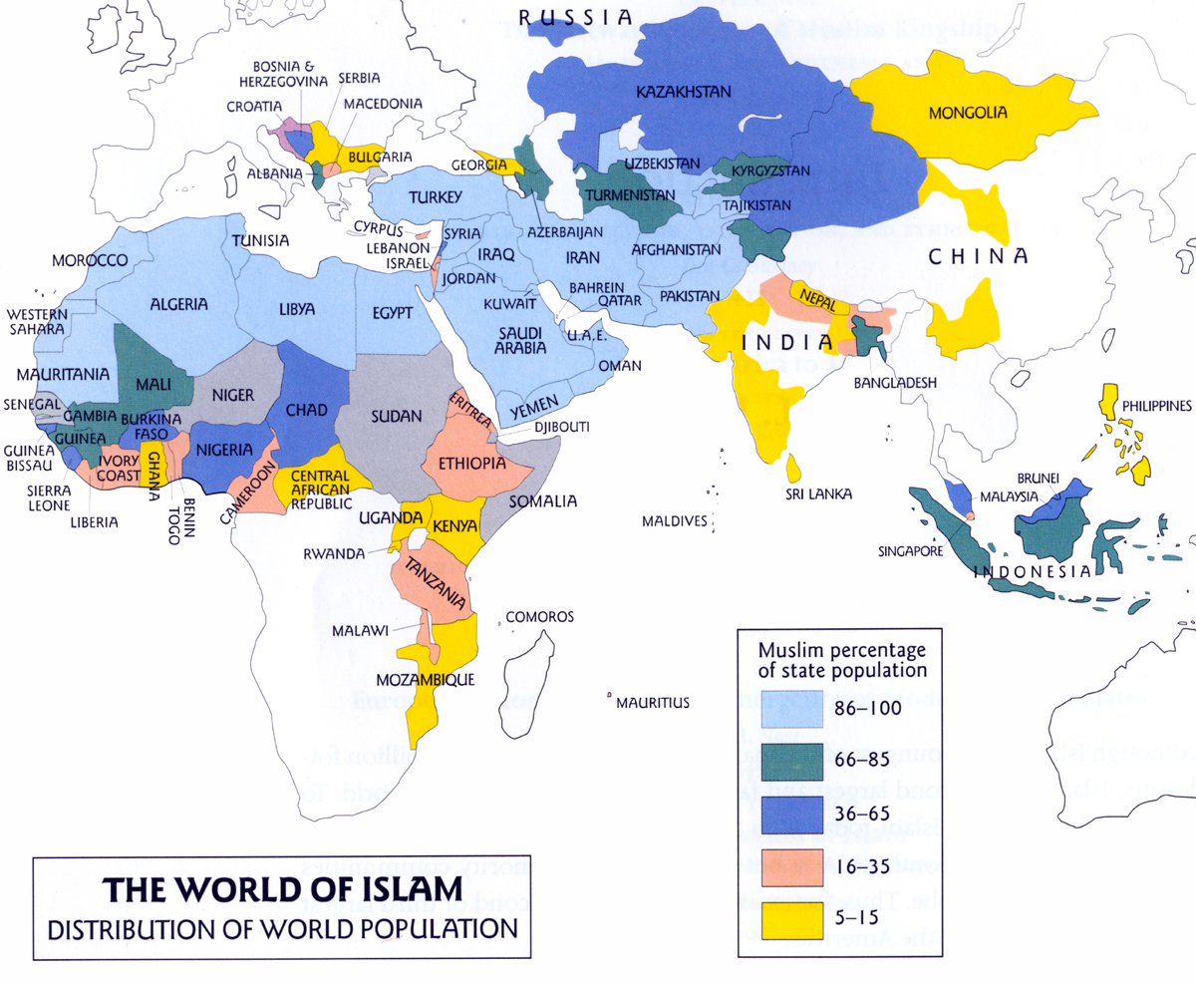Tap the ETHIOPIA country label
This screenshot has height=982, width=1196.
click(x=466, y=463)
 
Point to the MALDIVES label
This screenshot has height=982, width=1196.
click(x=675, y=521)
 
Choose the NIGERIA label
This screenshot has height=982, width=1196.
click(x=225, y=450)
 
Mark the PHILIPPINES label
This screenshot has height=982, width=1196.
click(x=1156, y=406)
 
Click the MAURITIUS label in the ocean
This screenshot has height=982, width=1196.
click(x=653, y=703)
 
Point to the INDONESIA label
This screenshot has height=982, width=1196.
click(x=1032, y=572)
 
